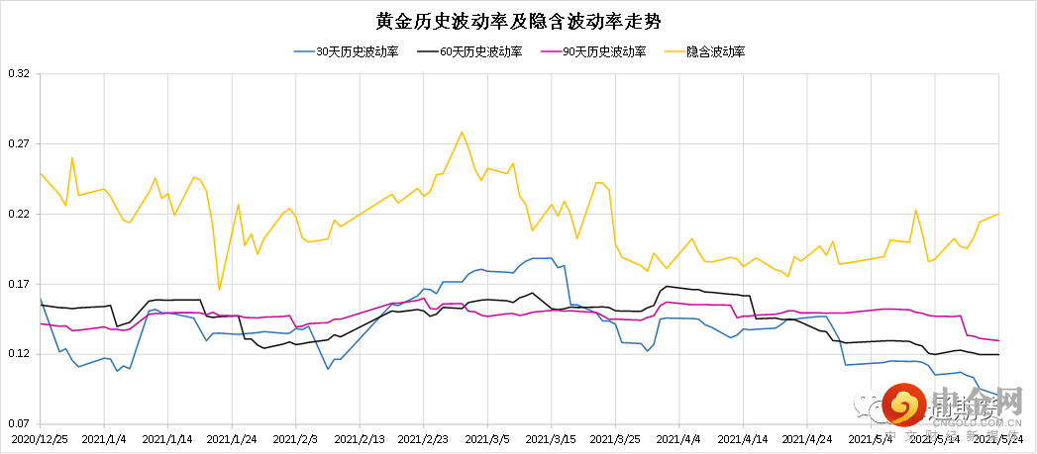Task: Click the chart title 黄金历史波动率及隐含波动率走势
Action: coord(518,21)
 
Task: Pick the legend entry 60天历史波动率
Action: coord(480,51)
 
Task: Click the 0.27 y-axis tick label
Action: coord(19,144)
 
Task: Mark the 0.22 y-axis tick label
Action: coord(19,215)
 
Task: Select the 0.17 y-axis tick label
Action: coord(19,285)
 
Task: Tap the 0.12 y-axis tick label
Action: coord(19,354)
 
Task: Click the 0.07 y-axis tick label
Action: coord(19,424)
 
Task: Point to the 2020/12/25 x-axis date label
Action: coord(41,437)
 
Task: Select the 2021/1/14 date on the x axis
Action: coord(167,437)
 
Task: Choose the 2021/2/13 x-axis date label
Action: coord(360,437)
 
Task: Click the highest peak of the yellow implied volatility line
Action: coord(462,132)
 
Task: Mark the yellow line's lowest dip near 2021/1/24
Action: coord(219,290)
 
